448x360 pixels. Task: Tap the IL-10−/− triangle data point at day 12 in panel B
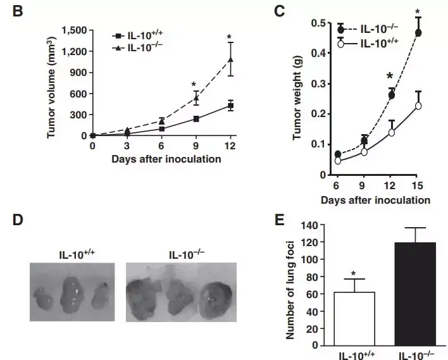(x=231, y=60)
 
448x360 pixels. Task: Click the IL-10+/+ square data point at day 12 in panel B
(x=231, y=106)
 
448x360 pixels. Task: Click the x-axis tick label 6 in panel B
(x=161, y=146)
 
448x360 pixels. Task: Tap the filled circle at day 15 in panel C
(x=418, y=32)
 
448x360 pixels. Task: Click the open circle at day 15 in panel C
(x=418, y=106)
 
